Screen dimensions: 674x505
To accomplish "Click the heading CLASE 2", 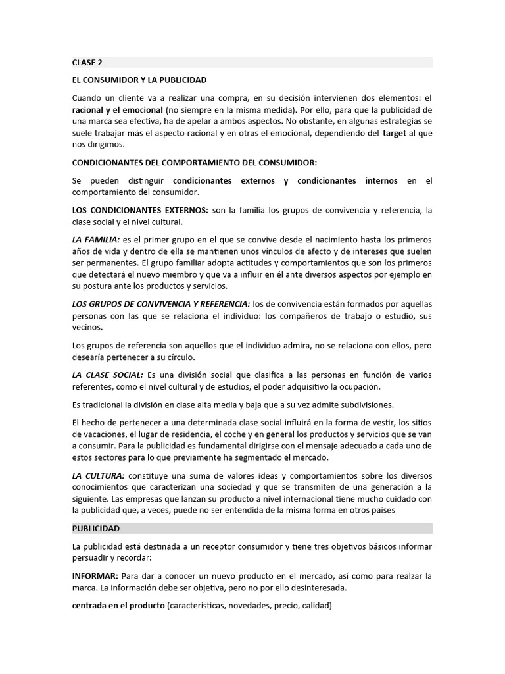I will click(87, 63).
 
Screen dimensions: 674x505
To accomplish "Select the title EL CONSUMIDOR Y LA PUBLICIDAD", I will click(139, 80).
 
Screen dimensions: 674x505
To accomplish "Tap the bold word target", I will click(394, 133).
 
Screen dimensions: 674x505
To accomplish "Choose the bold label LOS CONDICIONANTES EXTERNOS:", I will click(140, 210).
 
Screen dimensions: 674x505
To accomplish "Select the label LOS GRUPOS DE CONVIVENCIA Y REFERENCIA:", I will click(161, 304).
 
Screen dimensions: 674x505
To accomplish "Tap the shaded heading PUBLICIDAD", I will click(96, 529).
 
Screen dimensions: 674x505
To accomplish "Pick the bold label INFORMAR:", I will click(95, 575).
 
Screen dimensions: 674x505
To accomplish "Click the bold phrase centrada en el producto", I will click(118, 605).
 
